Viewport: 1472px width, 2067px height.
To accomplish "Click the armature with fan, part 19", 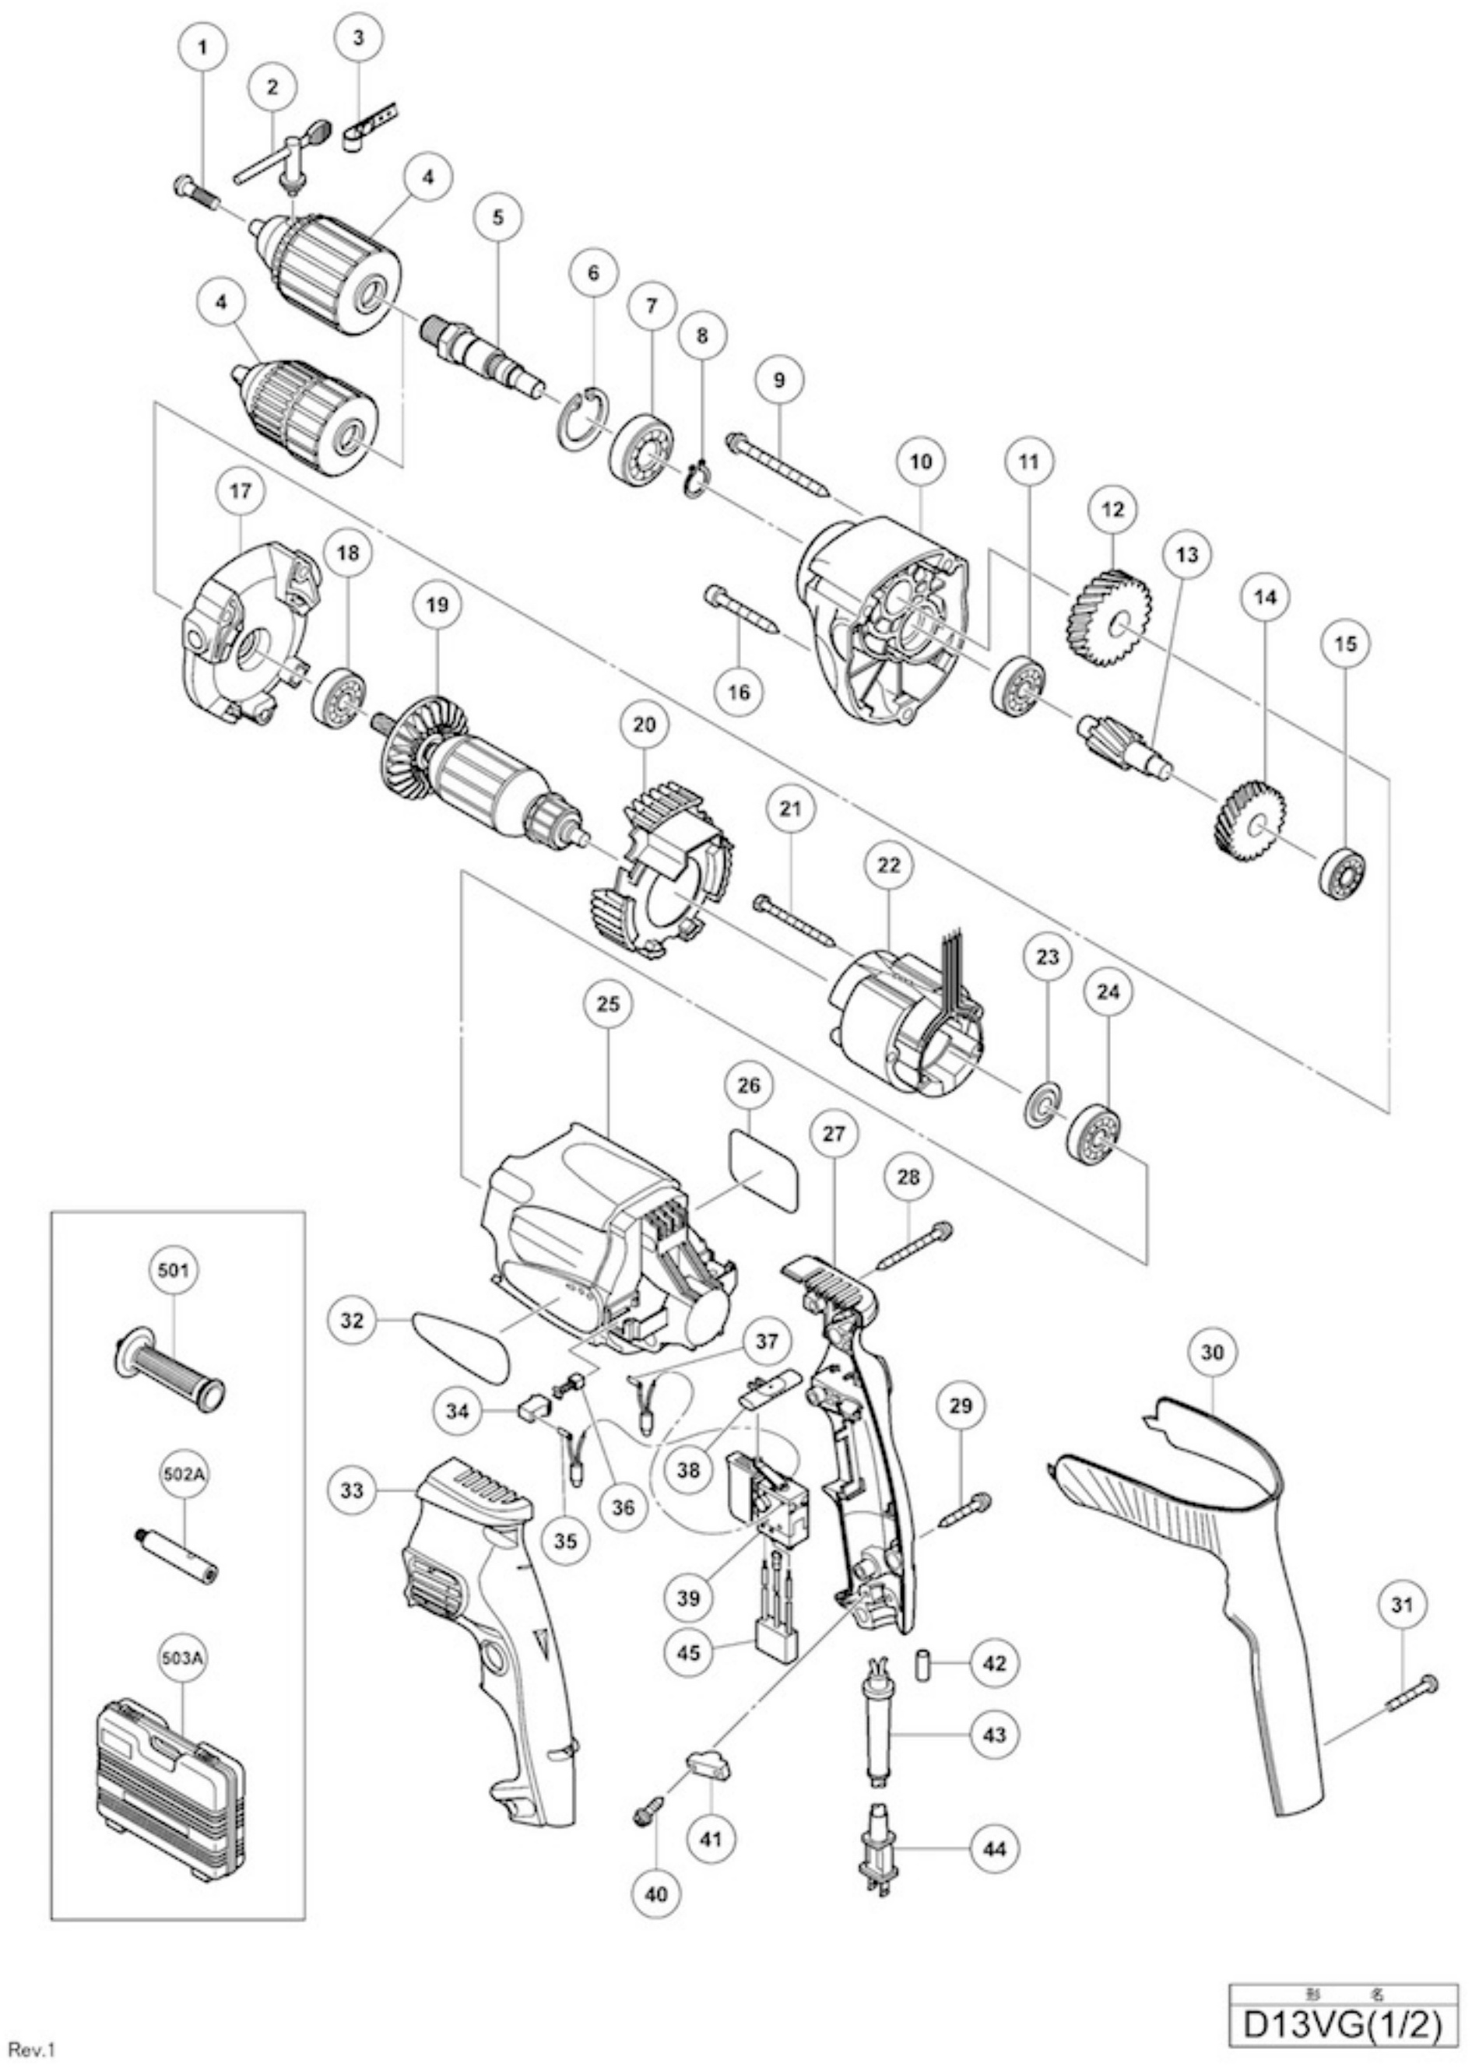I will click(479, 777).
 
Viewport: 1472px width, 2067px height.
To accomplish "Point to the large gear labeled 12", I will click(1113, 619).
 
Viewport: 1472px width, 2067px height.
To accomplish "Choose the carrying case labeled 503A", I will click(170, 1788).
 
